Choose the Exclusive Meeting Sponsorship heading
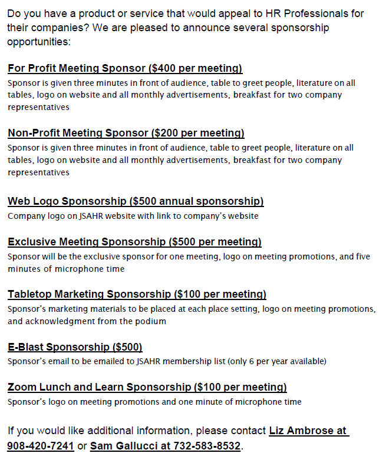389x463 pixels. (x=87, y=242)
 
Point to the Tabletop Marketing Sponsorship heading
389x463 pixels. (x=89, y=294)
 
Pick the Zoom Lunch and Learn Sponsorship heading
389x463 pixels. (x=100, y=387)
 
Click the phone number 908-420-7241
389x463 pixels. (x=41, y=446)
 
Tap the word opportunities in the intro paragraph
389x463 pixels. (x=38, y=42)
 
